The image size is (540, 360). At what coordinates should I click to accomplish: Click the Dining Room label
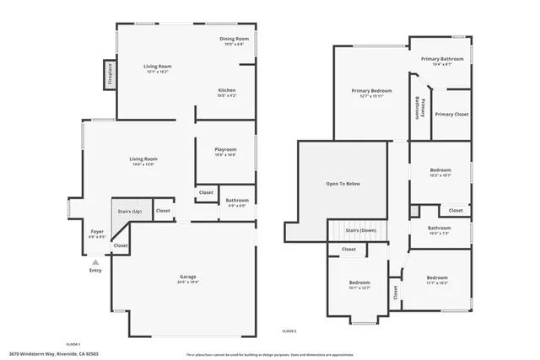click(x=235, y=39)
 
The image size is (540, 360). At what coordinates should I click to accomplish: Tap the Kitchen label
click(x=227, y=90)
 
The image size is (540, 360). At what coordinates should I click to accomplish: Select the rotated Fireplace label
click(x=110, y=74)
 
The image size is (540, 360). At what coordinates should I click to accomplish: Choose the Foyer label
click(x=97, y=231)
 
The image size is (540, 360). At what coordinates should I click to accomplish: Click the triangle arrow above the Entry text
click(x=95, y=262)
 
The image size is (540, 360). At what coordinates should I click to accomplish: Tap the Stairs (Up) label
click(x=128, y=211)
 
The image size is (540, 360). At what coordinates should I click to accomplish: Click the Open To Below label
click(x=343, y=184)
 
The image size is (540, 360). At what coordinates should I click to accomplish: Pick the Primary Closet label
click(x=451, y=114)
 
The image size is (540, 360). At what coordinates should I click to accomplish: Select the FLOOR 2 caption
click(x=289, y=332)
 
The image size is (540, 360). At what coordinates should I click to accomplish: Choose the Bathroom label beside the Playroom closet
click(x=237, y=200)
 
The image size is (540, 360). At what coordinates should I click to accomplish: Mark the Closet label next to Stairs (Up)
click(x=163, y=211)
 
